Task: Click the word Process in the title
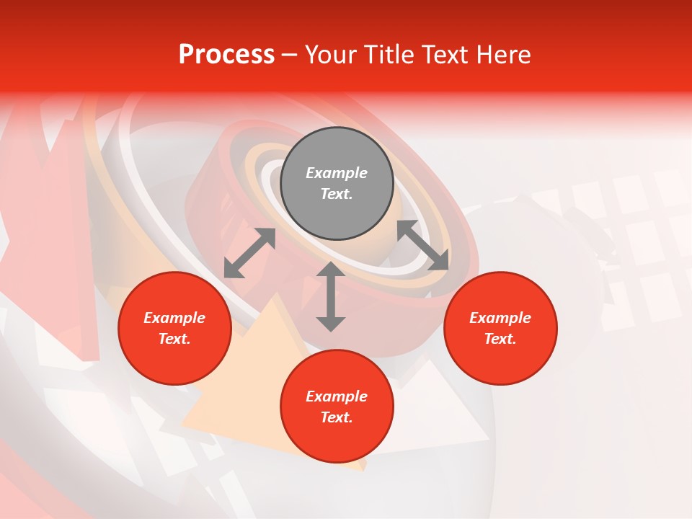pyautogui.click(x=226, y=55)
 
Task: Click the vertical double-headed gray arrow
pyautogui.click(x=331, y=297)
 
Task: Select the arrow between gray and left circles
pyautogui.click(x=249, y=253)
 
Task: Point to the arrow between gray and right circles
pyautogui.click(x=423, y=246)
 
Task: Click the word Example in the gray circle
pyautogui.click(x=337, y=173)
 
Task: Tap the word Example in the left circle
pyautogui.click(x=174, y=318)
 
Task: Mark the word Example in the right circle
pyautogui.click(x=500, y=318)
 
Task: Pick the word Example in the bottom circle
pyautogui.click(x=337, y=396)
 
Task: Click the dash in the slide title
pyautogui.click(x=289, y=56)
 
